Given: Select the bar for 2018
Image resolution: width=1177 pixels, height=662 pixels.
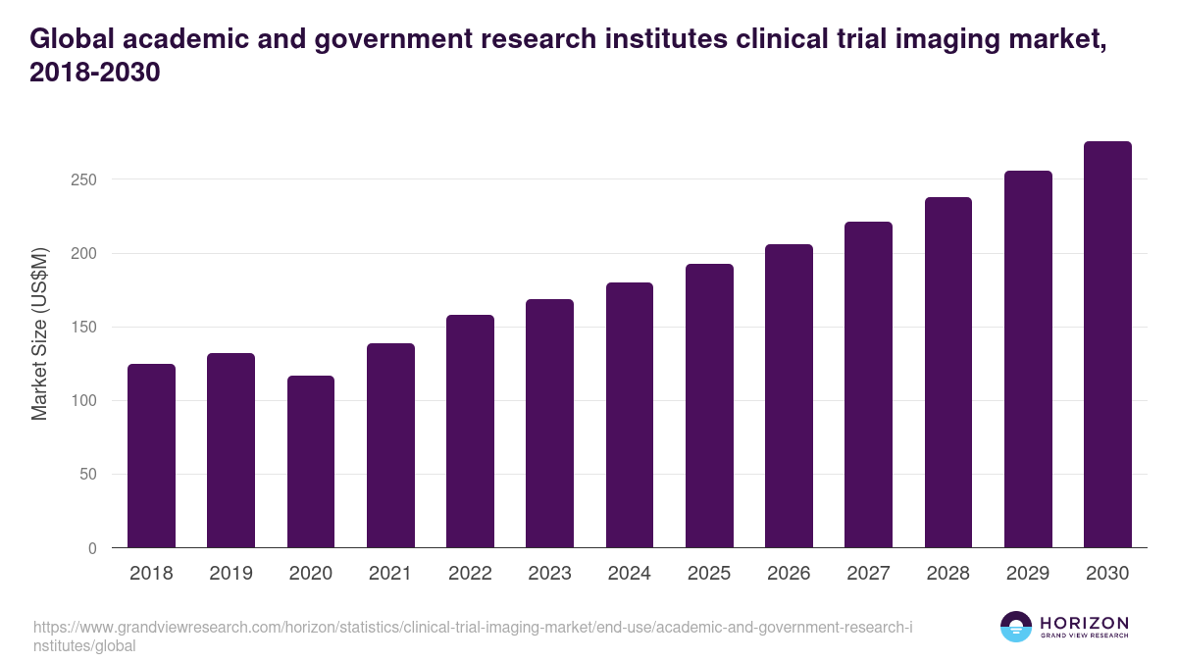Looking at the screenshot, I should click(151, 456).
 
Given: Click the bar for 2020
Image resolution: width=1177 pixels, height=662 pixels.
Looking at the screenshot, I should click(311, 462).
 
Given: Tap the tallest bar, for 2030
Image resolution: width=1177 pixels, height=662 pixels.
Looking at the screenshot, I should click(1107, 345).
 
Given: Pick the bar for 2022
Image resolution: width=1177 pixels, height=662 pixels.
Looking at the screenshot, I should click(470, 432).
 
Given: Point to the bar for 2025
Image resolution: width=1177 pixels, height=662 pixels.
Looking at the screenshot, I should click(709, 406).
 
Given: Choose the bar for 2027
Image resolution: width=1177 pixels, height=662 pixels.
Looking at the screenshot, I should click(868, 384).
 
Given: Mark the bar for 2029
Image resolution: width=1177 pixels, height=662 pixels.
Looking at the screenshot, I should click(1028, 360).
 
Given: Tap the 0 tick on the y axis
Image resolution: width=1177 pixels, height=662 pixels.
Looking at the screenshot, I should click(93, 548).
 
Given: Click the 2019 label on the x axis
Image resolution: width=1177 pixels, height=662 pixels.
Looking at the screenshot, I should click(230, 574).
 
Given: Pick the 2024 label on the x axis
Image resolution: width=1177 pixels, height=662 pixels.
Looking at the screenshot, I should click(629, 574).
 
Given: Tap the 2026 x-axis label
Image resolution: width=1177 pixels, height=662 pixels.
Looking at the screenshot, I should click(789, 574).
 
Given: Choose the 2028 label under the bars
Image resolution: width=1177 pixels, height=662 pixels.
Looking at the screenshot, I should click(947, 574).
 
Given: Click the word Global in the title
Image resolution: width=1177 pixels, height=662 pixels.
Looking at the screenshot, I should click(74, 38).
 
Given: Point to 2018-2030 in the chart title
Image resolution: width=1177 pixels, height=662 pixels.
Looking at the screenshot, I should click(94, 74).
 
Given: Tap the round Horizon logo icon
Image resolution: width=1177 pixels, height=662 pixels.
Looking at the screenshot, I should click(1016, 627).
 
